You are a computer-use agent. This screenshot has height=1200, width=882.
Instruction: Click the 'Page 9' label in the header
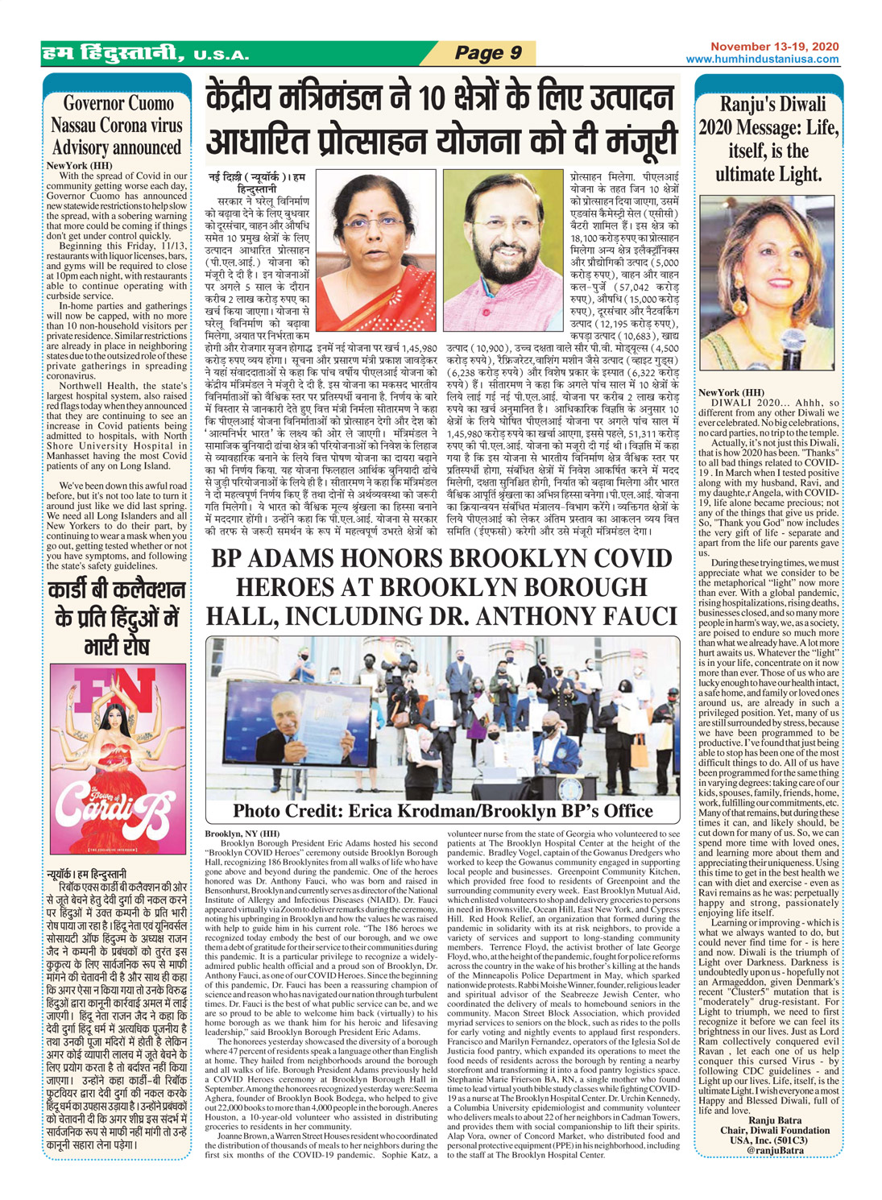[x=488, y=53]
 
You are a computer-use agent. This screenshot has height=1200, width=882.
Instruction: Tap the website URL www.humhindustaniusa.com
[x=762, y=60]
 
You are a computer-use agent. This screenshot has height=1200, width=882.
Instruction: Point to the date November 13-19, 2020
[x=774, y=48]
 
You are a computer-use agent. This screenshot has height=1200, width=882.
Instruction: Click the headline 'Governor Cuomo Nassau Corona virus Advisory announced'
[x=117, y=126]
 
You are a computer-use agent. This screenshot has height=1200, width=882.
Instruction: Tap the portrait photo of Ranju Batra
[x=766, y=283]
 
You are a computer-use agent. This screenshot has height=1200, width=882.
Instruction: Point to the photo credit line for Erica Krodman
[x=442, y=810]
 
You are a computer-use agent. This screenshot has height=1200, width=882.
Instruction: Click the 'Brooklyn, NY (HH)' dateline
[x=242, y=833]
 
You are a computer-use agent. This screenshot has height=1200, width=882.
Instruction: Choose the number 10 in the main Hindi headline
[x=437, y=100]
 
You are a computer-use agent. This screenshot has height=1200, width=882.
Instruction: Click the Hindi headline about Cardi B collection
[x=117, y=617]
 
